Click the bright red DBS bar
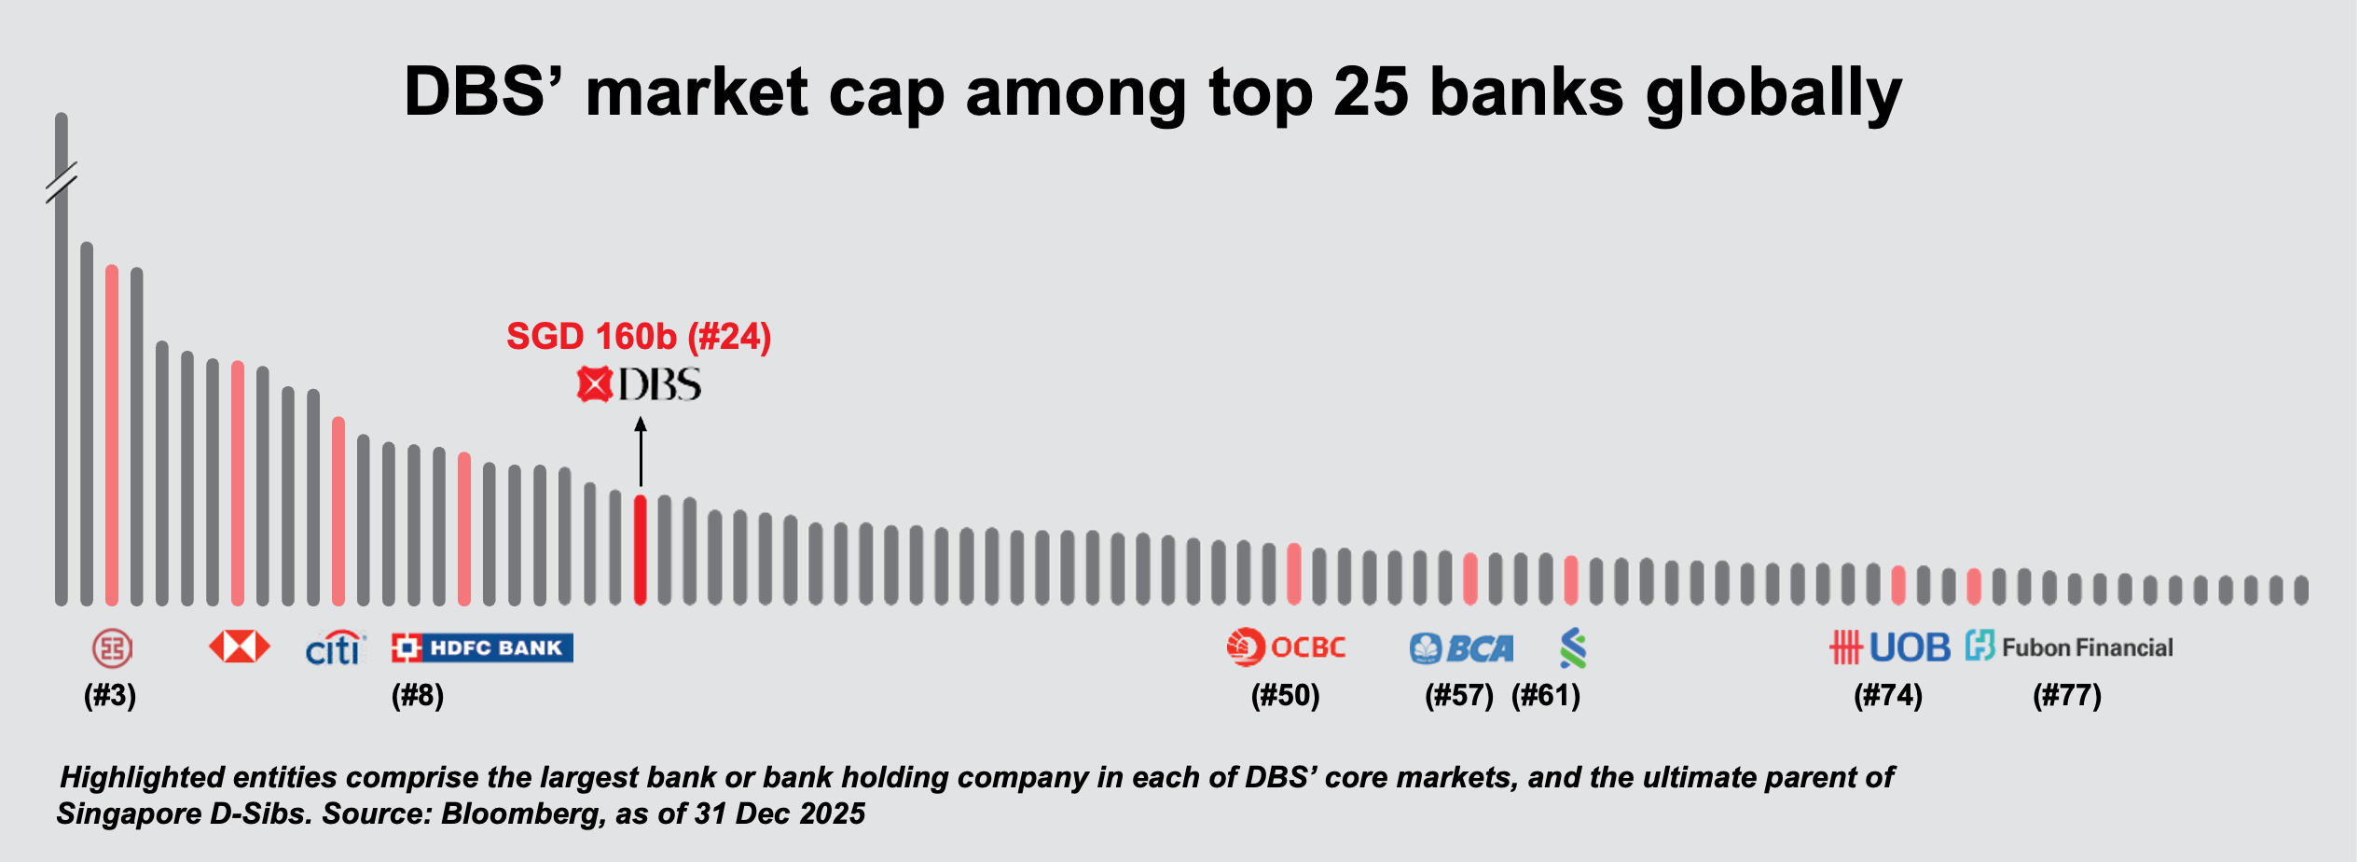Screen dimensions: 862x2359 640,550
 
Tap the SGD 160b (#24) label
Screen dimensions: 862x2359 639,337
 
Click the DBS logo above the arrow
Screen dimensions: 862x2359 639,384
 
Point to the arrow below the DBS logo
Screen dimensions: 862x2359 641,452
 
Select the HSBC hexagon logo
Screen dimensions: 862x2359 240,646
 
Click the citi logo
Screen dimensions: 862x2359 335,648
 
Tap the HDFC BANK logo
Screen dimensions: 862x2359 482,647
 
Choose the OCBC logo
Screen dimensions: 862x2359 1286,647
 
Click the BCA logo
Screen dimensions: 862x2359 1461,648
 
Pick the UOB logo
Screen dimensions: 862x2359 1889,647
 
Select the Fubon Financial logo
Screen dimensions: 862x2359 2069,646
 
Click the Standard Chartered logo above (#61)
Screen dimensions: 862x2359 1573,648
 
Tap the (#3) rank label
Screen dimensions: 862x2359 110,696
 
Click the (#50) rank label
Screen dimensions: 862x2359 1285,696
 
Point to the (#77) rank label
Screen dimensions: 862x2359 2067,696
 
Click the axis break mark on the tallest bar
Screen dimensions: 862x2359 62,182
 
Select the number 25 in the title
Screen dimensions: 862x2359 1370,92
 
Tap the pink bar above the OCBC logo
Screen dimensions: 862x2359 1293,574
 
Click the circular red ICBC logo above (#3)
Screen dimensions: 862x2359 112,647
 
